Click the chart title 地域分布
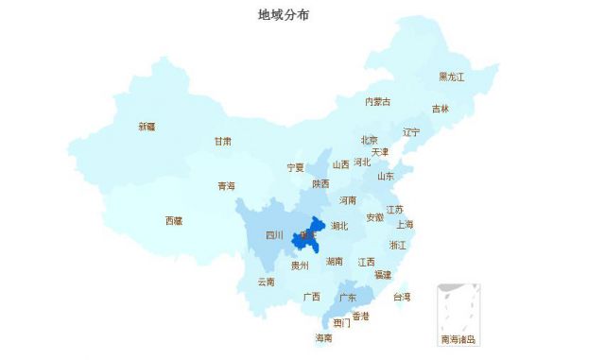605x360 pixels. [x=283, y=15]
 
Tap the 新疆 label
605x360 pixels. [x=147, y=126]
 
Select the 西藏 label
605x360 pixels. [x=174, y=220]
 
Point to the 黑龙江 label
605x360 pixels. [x=451, y=77]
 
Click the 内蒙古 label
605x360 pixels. [x=377, y=101]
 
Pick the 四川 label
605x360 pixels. [x=274, y=235]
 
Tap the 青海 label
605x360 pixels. [x=226, y=186]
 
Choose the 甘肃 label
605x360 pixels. [x=222, y=141]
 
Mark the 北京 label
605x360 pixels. [x=370, y=140]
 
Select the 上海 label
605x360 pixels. [x=405, y=224]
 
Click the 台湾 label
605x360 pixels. [x=402, y=296]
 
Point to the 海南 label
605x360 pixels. [x=323, y=337]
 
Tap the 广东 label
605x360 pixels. [x=347, y=297]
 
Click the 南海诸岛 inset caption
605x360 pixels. [x=458, y=338]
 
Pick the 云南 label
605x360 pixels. [x=266, y=282]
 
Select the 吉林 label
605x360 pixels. [x=441, y=109]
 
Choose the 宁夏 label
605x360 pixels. [x=296, y=167]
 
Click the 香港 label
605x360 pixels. [x=360, y=316]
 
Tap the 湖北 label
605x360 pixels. [x=339, y=226]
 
